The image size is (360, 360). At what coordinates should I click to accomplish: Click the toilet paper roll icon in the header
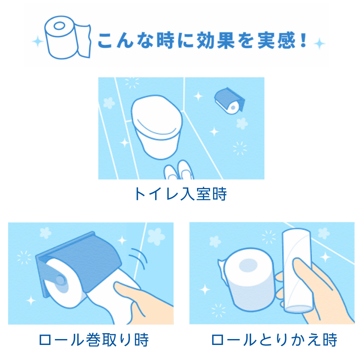(67, 37)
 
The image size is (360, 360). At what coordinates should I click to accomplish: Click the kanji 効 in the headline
(205, 40)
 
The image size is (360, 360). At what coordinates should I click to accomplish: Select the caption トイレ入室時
(180, 194)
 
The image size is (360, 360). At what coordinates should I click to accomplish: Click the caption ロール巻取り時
(94, 340)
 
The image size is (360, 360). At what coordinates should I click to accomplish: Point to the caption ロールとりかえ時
(274, 340)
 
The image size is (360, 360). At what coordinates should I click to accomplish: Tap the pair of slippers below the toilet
(179, 170)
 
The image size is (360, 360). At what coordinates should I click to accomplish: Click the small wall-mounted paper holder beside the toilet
(230, 100)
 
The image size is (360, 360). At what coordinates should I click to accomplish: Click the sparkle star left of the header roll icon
(38, 42)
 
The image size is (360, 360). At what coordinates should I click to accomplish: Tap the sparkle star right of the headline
(319, 44)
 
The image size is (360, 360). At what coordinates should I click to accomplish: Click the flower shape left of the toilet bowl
(109, 103)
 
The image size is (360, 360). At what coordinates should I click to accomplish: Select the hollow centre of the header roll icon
(60, 26)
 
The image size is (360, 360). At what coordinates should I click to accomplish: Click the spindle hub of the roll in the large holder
(60, 280)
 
